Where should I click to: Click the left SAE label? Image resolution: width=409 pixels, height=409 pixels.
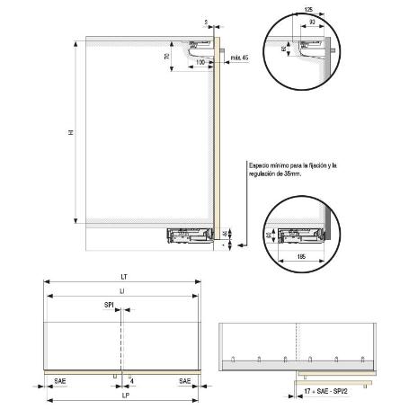click(x=58, y=381)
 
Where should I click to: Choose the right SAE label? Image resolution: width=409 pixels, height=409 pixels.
click(x=184, y=381)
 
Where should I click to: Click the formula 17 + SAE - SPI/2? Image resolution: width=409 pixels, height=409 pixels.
click(x=326, y=394)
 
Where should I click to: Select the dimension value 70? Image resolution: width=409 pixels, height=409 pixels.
click(x=168, y=57)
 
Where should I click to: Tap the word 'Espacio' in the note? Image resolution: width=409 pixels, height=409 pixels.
click(x=260, y=164)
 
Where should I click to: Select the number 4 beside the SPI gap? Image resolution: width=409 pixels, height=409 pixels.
click(x=131, y=379)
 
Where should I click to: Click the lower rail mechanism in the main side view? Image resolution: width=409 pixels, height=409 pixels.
click(x=191, y=236)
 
